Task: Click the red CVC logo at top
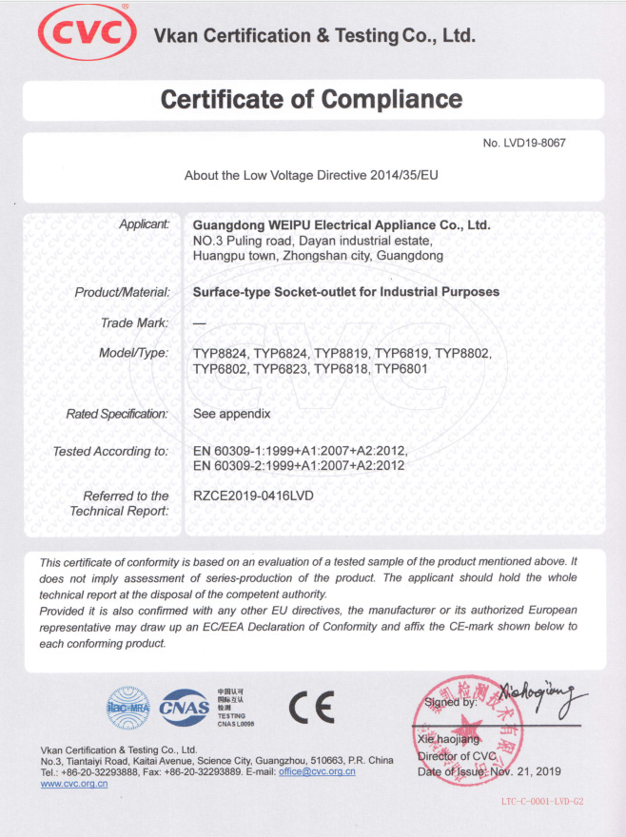tap(82, 33)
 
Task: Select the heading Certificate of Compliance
tap(312, 99)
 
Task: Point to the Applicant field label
tap(144, 224)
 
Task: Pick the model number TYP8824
tap(220, 353)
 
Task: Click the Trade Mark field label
tap(134, 322)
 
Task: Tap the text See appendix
tap(232, 414)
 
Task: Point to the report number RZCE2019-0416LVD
tap(253, 496)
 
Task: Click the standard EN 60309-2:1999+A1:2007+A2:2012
tap(299, 465)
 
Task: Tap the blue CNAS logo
tap(186, 706)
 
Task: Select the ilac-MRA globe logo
tap(128, 706)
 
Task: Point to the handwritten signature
tap(537, 701)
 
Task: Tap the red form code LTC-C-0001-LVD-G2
tap(540, 802)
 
